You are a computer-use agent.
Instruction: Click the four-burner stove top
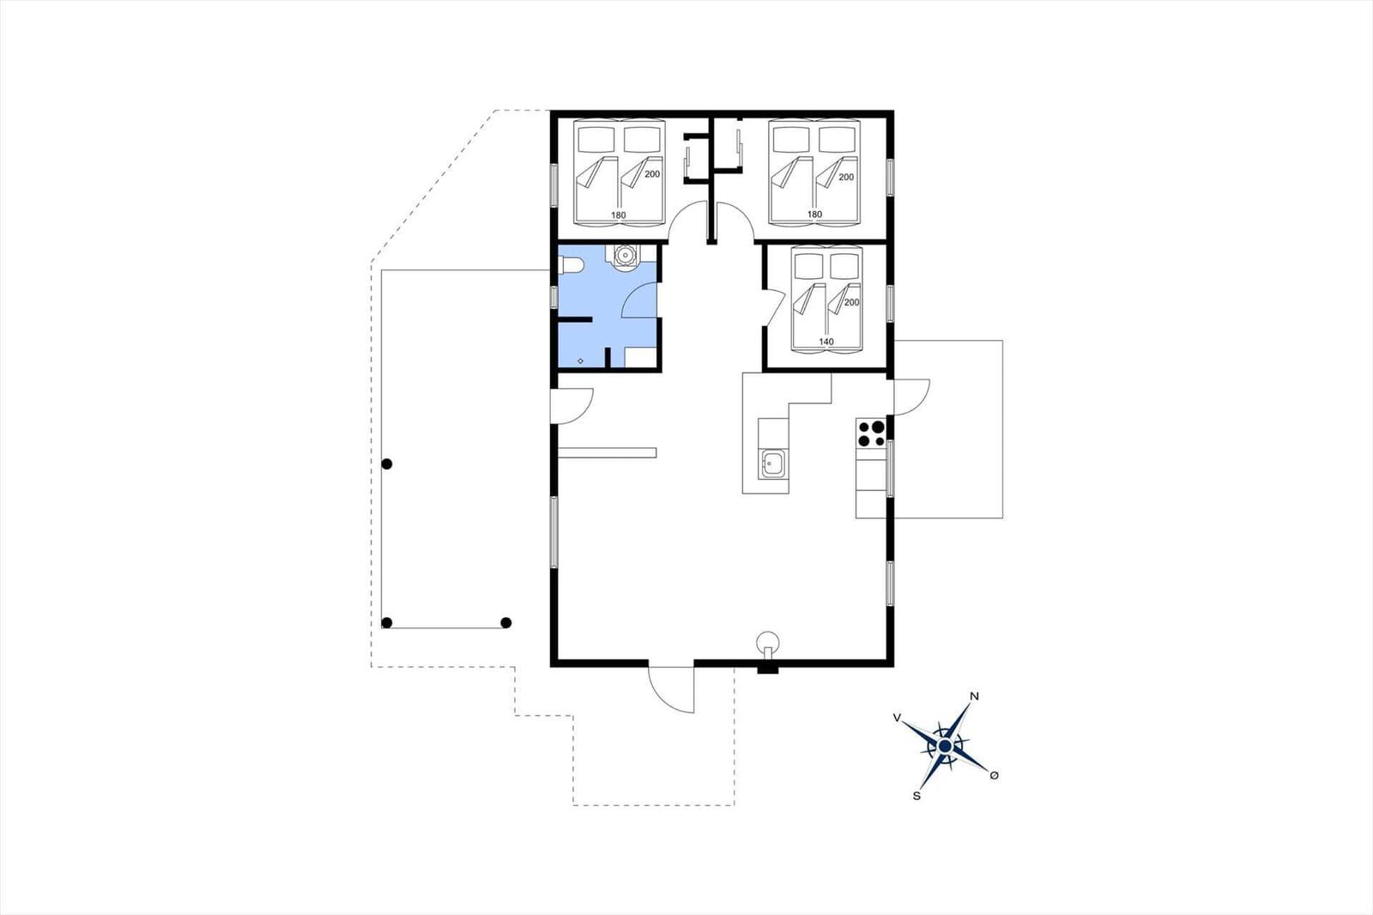871,433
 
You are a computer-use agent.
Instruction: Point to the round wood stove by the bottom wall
767,643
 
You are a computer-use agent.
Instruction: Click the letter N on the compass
974,696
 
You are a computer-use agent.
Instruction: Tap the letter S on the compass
916,796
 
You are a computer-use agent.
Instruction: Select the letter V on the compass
897,718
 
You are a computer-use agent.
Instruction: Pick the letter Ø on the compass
995,776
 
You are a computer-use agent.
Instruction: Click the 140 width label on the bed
826,342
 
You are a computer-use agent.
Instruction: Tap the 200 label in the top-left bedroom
652,174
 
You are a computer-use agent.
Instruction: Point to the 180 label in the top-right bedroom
814,215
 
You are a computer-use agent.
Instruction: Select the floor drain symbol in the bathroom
580,361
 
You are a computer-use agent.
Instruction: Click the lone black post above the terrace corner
387,464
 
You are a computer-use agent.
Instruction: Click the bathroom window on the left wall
554,297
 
